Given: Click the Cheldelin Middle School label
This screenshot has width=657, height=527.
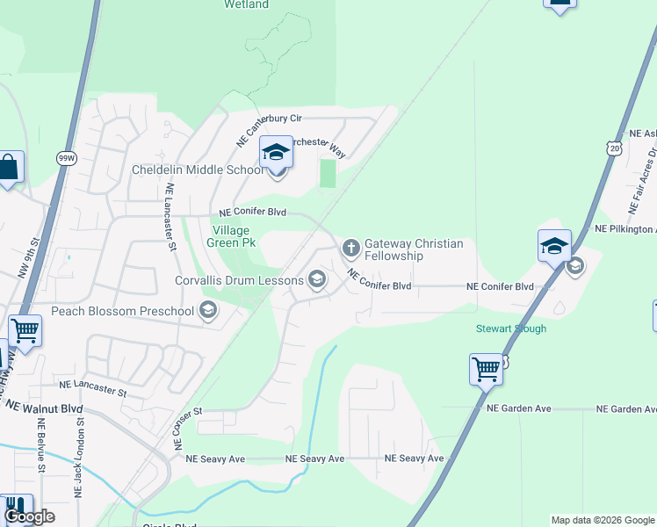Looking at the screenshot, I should [x=196, y=170].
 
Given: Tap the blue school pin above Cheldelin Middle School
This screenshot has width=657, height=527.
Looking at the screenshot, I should [x=276, y=155].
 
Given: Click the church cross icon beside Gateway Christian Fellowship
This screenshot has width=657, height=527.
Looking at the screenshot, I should [x=350, y=247].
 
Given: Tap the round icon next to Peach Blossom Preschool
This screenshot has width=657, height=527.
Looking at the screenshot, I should [x=208, y=310].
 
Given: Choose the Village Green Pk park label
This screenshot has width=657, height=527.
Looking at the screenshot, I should [x=231, y=237].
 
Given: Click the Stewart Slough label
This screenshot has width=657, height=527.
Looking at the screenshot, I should [x=511, y=329].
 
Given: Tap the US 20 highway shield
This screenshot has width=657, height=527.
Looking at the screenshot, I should [x=613, y=151].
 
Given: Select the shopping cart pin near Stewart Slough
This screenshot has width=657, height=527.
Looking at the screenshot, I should [x=486, y=369].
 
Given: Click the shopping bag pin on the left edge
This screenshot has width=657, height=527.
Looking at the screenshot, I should [x=10, y=168].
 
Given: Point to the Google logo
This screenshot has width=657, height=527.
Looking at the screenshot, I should [x=29, y=516].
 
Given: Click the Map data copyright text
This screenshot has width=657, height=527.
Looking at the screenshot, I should [x=603, y=520].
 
